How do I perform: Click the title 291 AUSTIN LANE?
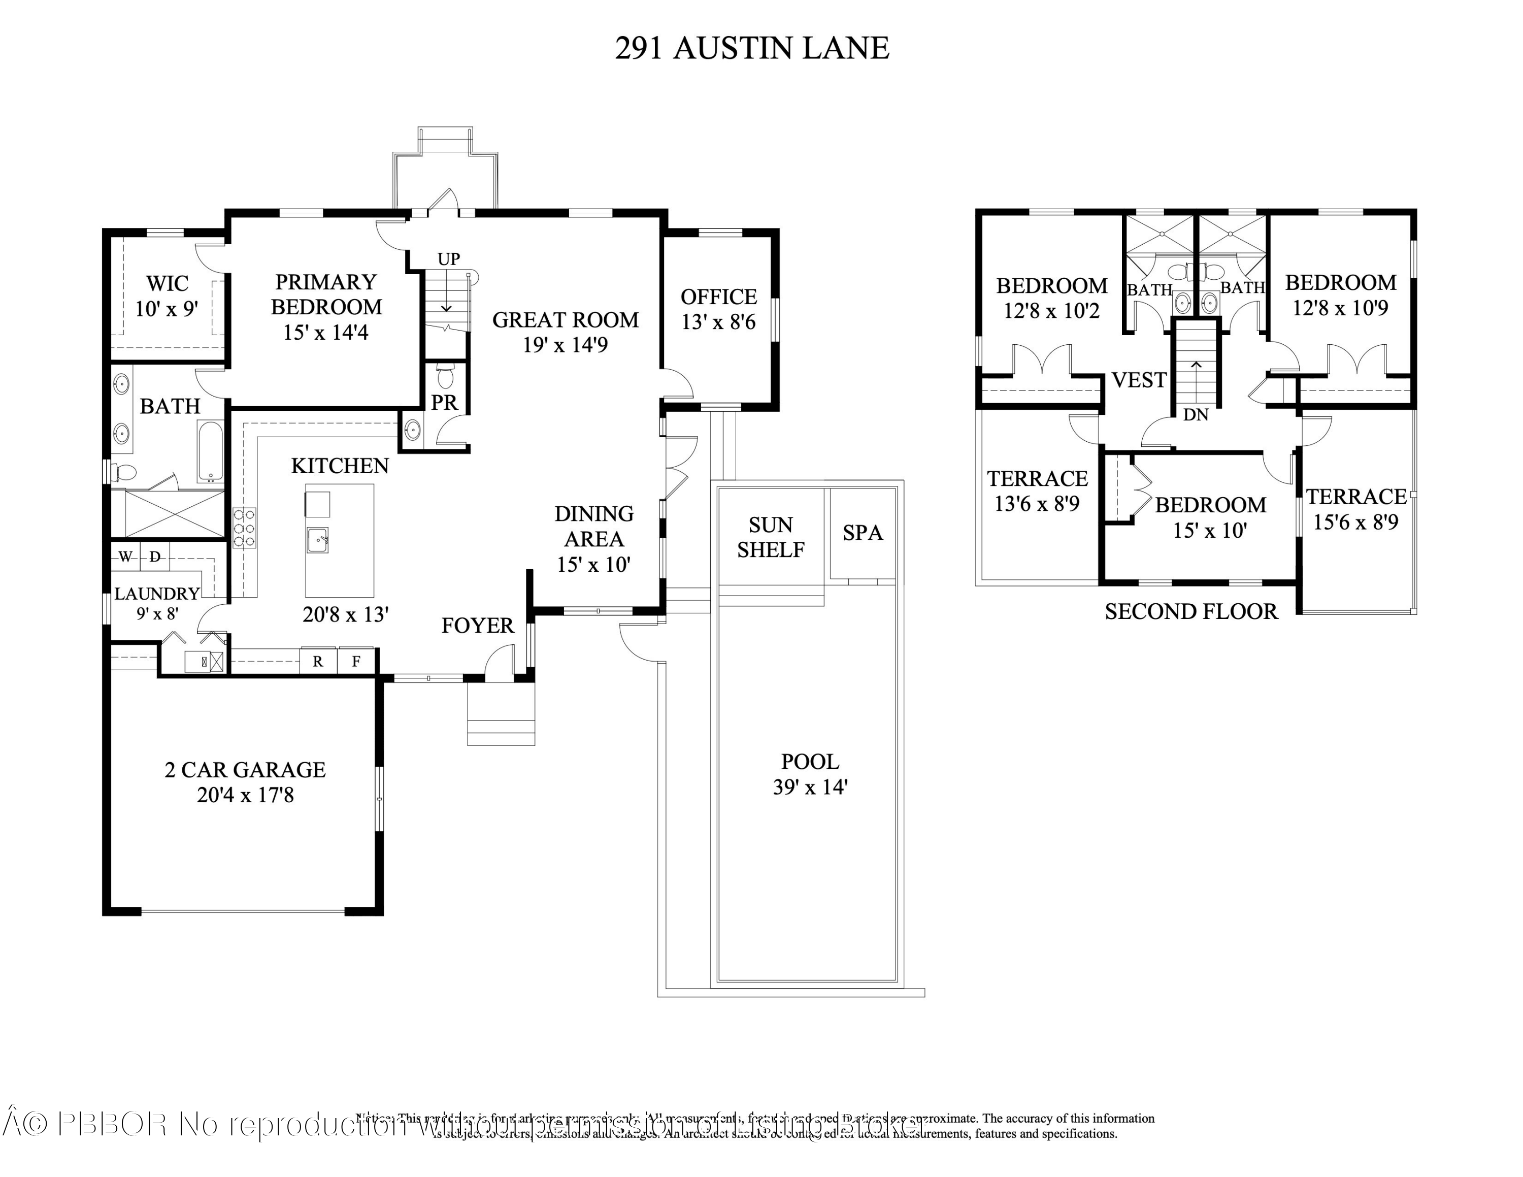(752, 48)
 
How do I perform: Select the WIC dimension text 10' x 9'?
(167, 309)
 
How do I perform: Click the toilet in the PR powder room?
(445, 377)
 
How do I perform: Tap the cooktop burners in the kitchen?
(244, 528)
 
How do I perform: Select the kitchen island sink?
(317, 540)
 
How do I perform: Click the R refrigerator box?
(318, 662)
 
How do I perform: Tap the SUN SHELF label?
(771, 538)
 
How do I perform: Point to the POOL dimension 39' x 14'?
(810, 787)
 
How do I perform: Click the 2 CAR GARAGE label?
(245, 770)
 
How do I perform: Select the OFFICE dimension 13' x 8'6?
(718, 322)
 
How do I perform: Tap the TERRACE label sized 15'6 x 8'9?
(1355, 497)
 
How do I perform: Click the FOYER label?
(478, 626)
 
